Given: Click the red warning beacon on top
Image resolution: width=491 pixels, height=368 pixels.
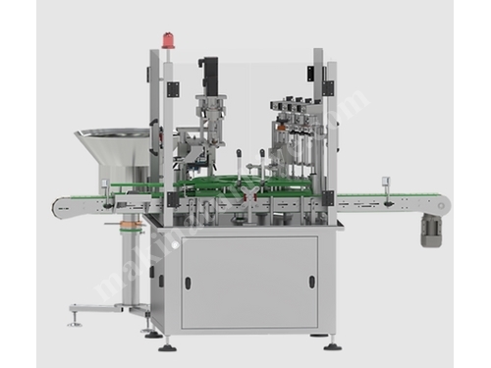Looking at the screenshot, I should (166, 40).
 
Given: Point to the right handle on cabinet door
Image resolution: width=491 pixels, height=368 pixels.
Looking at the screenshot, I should (312, 281).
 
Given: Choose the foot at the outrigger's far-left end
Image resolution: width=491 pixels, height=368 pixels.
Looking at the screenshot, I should (73, 320).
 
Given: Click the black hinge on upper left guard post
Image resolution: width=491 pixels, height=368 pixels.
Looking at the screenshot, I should (173, 89).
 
